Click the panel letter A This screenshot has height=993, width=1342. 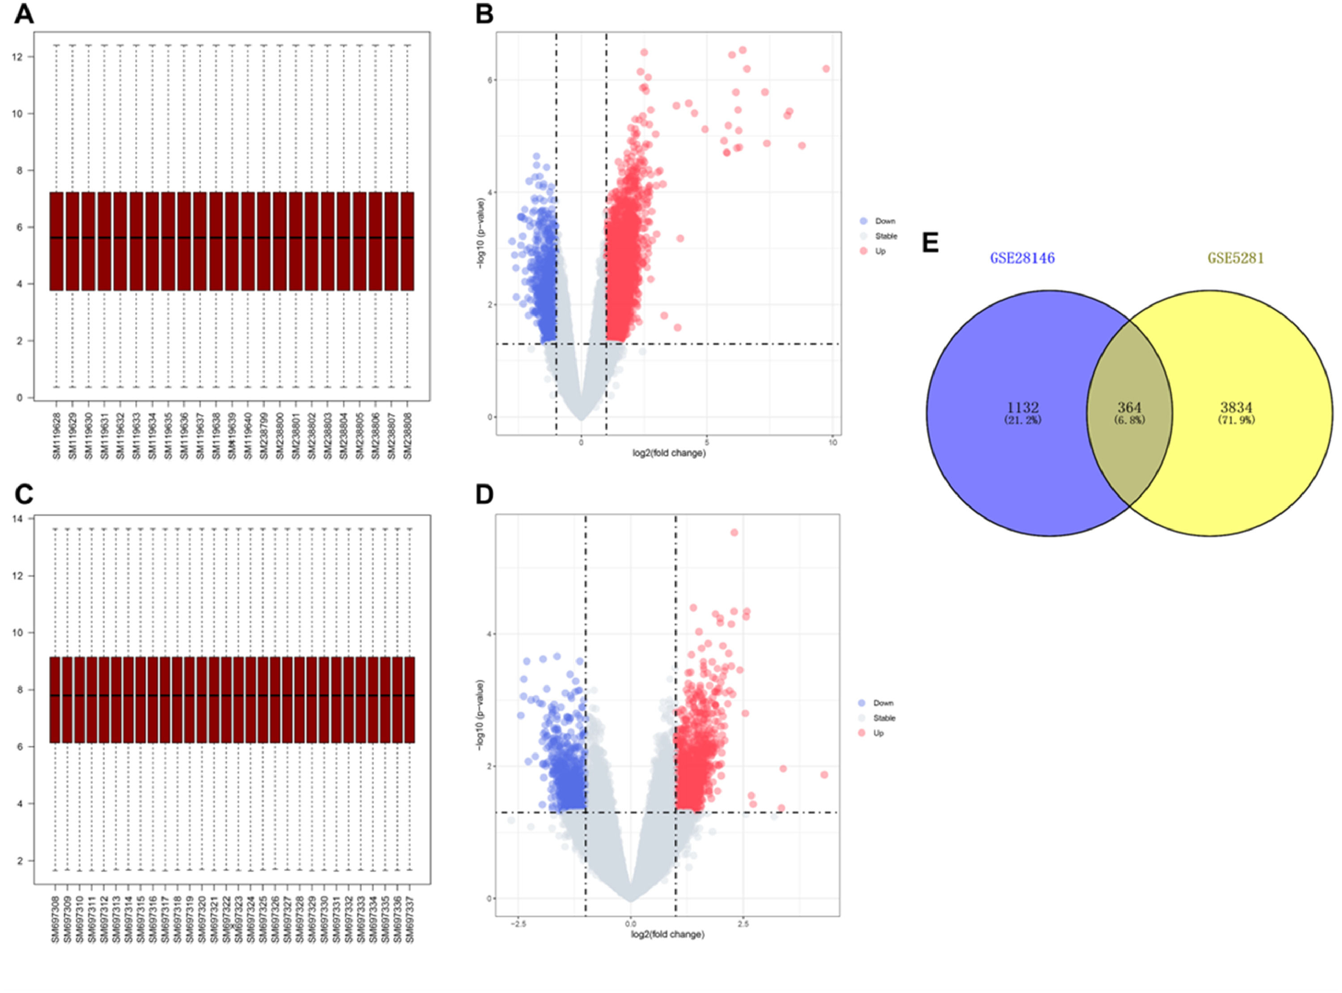click(x=24, y=14)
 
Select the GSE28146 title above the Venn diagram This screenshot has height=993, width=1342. click(x=1022, y=258)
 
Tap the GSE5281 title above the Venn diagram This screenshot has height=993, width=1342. click(x=1236, y=258)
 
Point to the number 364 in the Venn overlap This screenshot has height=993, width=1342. click(x=1129, y=408)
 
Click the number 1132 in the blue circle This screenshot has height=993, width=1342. click(x=1023, y=408)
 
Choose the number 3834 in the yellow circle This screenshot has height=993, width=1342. click(x=1236, y=408)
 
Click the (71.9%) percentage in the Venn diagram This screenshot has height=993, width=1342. click(x=1236, y=421)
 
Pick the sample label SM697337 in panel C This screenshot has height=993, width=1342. click(x=409, y=919)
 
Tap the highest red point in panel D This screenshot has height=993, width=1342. click(x=734, y=532)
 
